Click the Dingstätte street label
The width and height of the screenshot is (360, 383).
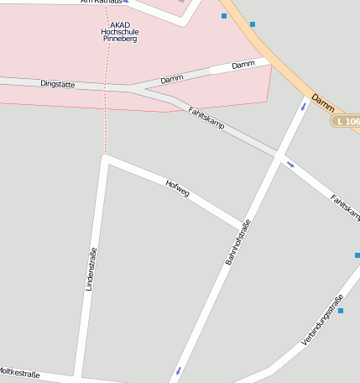click(58, 84)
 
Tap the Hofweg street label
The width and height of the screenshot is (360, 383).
click(178, 188)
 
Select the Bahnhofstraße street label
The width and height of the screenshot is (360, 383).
click(238, 242)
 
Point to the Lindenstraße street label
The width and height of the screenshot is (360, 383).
click(91, 269)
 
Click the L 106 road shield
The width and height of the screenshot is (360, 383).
click(345, 122)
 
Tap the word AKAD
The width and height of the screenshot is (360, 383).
click(119, 24)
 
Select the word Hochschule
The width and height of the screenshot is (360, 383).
click(119, 32)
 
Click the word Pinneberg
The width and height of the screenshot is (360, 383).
click(119, 39)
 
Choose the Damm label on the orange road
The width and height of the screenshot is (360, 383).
click(322, 102)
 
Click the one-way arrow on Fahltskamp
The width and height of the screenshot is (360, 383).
click(290, 164)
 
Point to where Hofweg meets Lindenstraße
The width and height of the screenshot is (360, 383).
click(104, 157)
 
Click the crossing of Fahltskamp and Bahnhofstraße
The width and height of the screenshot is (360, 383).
click(279, 155)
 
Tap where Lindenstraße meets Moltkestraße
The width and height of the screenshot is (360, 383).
click(78, 375)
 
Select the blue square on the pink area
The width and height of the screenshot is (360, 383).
click(224, 16)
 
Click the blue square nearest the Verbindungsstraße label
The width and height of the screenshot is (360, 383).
click(341, 311)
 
